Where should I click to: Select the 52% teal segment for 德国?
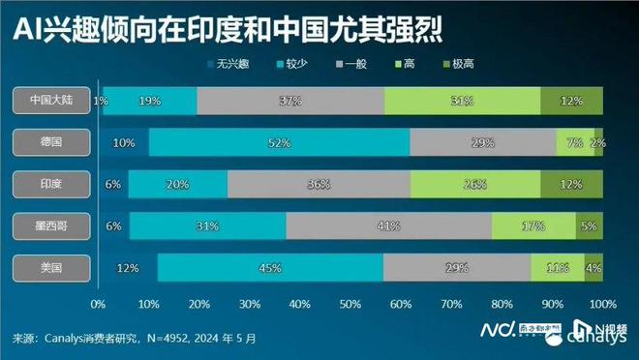click(x=279, y=142)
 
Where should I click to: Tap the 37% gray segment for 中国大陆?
click(x=289, y=100)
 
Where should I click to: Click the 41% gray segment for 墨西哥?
click(x=388, y=226)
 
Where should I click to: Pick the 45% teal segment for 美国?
click(x=270, y=268)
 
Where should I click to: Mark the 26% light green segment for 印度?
click(x=475, y=184)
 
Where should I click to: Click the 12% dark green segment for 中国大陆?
click(x=571, y=100)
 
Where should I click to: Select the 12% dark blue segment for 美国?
click(x=128, y=268)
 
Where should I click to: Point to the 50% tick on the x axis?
click(x=350, y=303)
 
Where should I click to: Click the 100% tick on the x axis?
click(x=602, y=303)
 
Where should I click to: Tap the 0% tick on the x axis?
click(x=98, y=303)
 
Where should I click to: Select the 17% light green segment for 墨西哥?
click(x=533, y=226)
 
